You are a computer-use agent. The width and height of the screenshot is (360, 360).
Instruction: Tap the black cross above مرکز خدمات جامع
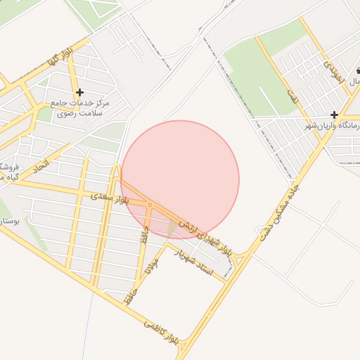pyautogui.click(x=79, y=92)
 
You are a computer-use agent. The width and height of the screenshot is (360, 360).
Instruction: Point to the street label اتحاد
pyautogui.click(x=41, y=167)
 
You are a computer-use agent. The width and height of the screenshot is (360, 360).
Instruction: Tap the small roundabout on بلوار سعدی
pyautogui.click(x=150, y=205)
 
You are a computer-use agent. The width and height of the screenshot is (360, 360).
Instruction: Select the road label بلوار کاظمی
pyautogui.click(x=164, y=334)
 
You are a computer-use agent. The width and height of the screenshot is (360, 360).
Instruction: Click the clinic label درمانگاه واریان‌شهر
pyautogui.click(x=332, y=125)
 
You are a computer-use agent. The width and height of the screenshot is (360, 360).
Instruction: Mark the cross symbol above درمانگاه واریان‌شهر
pyautogui.click(x=335, y=114)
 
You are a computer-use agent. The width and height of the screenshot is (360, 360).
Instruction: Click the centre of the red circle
pyautogui.click(x=180, y=180)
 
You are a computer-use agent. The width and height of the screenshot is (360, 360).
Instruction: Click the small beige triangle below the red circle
pyautogui.click(x=173, y=229)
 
